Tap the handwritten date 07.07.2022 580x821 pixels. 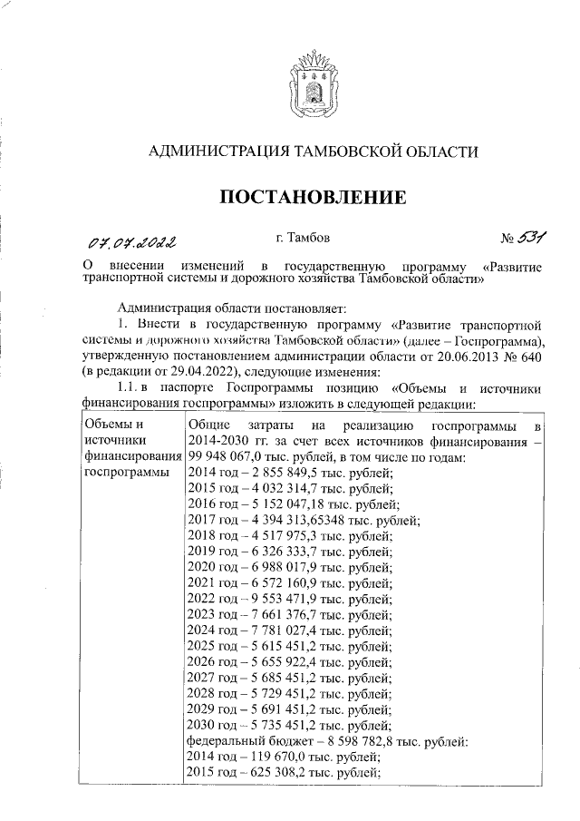point(131,242)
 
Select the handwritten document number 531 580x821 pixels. point(533,239)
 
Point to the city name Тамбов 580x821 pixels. point(311,239)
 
